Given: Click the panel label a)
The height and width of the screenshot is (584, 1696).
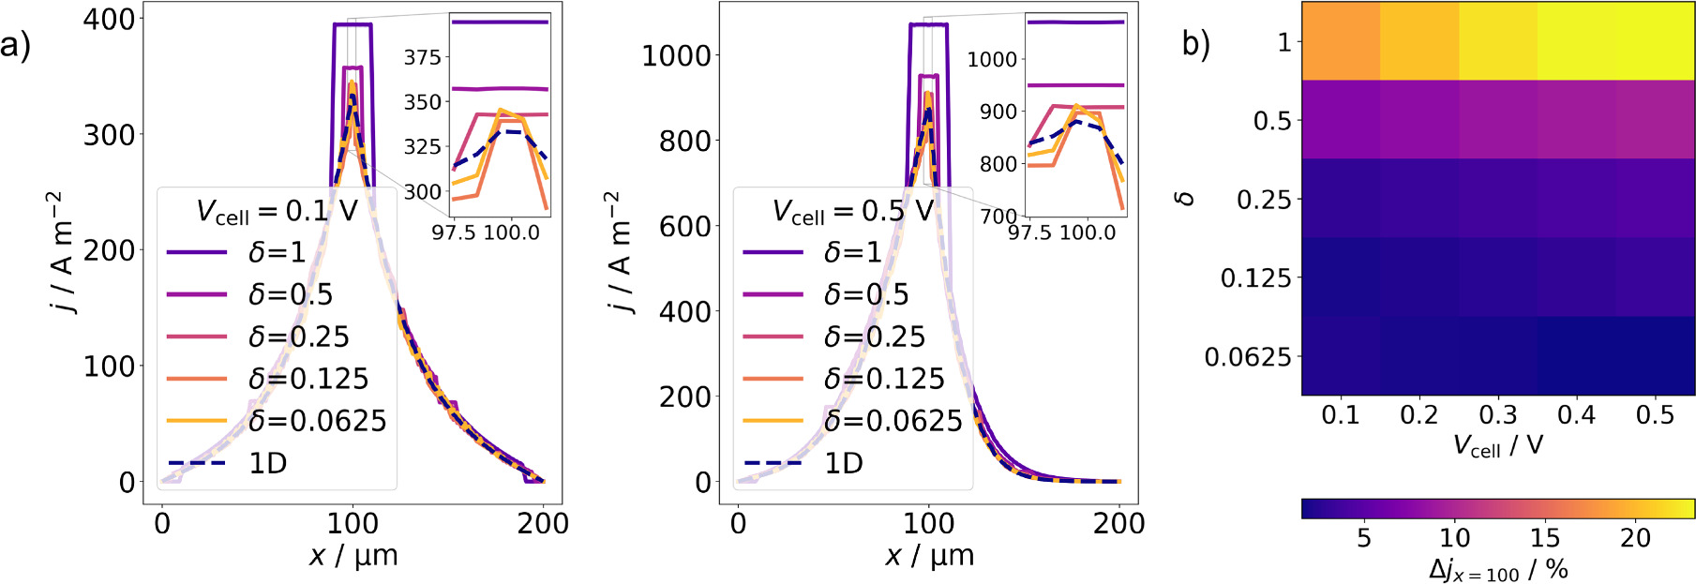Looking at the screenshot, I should click(x=15, y=44).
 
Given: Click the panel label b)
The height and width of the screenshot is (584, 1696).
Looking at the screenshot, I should click(x=1195, y=43).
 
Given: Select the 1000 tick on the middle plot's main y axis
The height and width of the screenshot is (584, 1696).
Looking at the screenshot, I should click(x=675, y=56).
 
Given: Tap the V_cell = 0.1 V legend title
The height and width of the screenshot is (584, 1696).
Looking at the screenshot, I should click(x=277, y=211).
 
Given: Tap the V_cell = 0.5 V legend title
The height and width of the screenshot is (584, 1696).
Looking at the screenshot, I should click(x=852, y=211).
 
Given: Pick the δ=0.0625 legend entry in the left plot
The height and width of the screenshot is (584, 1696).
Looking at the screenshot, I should click(x=317, y=421).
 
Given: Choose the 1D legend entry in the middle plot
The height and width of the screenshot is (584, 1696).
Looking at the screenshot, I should click(x=843, y=463).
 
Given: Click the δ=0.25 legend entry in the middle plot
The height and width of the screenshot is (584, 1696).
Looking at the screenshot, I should click(x=874, y=337).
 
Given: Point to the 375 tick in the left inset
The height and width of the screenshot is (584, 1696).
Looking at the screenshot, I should click(x=422, y=58).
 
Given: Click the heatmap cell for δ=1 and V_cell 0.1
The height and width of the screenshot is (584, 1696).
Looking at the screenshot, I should click(x=1341, y=41).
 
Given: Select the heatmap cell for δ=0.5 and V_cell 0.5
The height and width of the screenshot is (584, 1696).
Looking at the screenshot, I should click(x=1656, y=120).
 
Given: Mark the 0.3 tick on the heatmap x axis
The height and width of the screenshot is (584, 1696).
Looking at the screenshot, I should click(x=1497, y=415).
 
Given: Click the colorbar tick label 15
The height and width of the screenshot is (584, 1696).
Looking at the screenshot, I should click(x=1544, y=538).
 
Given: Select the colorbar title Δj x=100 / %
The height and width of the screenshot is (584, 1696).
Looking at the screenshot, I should click(x=1497, y=569).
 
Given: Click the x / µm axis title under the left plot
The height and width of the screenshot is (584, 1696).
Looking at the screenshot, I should click(x=353, y=556).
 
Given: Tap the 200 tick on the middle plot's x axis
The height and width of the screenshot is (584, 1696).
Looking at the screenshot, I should click(x=1118, y=523).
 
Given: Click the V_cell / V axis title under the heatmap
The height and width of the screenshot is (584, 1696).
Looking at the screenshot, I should click(x=1497, y=445).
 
